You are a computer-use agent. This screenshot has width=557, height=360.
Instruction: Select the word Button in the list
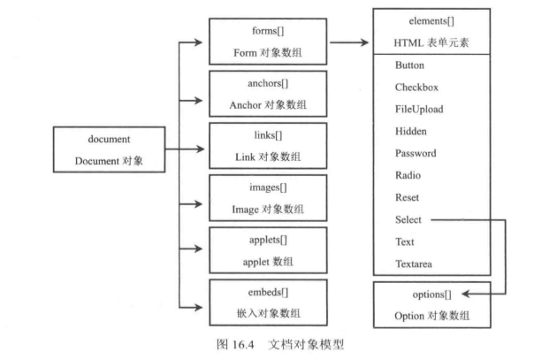(x=410, y=65)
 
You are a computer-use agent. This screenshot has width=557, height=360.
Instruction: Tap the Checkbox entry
(x=417, y=88)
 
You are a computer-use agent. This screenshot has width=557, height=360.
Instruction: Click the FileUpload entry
(x=419, y=110)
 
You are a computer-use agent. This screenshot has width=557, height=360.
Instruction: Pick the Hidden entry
(x=412, y=132)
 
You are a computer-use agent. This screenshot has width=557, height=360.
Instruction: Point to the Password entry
(x=416, y=153)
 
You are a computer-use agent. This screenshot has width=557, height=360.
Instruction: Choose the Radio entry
(x=409, y=175)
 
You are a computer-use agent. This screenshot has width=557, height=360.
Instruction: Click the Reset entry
(x=408, y=197)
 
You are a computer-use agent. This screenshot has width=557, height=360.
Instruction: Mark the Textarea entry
(x=416, y=263)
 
